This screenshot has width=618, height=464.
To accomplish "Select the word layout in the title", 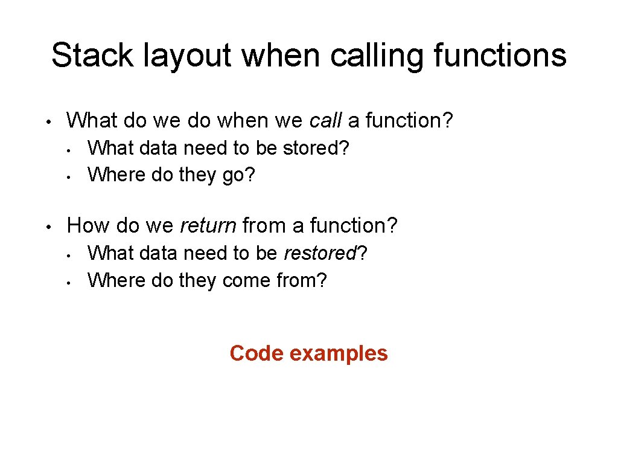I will coord(188,56).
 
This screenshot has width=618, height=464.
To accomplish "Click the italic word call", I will coord(326,121).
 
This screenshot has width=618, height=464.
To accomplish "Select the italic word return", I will coord(208,226).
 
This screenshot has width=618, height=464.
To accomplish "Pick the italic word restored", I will coord(320,253).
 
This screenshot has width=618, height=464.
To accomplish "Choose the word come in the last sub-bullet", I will coord(244,280).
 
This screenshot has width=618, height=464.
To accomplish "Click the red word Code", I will coord(256,353).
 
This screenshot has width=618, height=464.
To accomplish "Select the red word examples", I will coord(339,353).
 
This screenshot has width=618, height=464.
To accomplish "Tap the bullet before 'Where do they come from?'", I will coord(70,282).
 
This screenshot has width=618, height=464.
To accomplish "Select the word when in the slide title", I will coord(281,56).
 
